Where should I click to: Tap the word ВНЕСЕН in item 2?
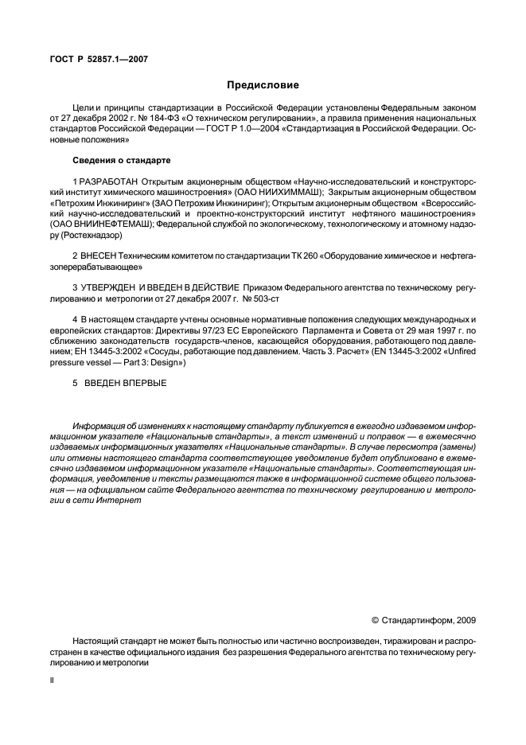97,255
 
